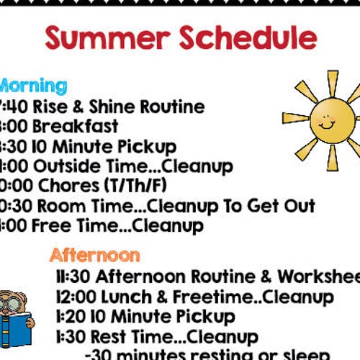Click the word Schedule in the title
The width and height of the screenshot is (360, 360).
[x=243, y=37]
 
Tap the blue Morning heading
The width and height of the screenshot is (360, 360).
[x=32, y=86]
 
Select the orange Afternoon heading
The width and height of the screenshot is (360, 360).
[x=94, y=255]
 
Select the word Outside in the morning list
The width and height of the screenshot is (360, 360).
[x=68, y=167]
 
